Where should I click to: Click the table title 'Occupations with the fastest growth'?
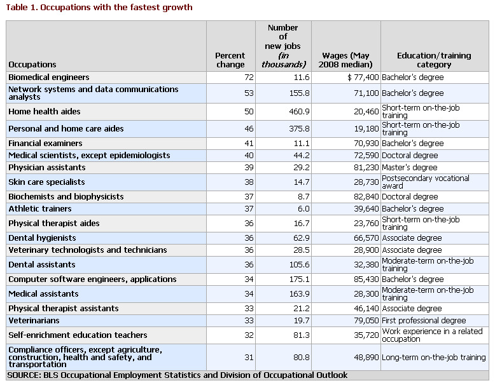click(116, 7)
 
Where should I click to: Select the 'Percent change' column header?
click(230, 60)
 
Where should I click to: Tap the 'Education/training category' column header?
click(434, 60)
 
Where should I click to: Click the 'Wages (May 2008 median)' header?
click(345, 60)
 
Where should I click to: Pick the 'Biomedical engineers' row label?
click(49, 77)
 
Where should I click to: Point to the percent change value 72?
click(249, 77)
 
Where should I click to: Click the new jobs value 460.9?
click(299, 112)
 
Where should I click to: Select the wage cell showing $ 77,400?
click(363, 77)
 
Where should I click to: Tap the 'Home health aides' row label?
click(45, 112)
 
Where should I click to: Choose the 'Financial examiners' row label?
click(45, 144)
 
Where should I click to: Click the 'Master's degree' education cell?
click(410, 168)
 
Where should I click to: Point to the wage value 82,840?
click(366, 197)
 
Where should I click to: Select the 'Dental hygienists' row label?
click(42, 238)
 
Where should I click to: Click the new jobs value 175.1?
click(299, 279)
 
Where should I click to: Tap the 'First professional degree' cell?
click(424, 321)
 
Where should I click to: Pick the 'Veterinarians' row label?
click(34, 321)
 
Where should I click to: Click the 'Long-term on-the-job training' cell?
click(434, 358)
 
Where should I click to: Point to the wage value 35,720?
click(366, 335)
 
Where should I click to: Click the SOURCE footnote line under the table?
click(178, 375)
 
